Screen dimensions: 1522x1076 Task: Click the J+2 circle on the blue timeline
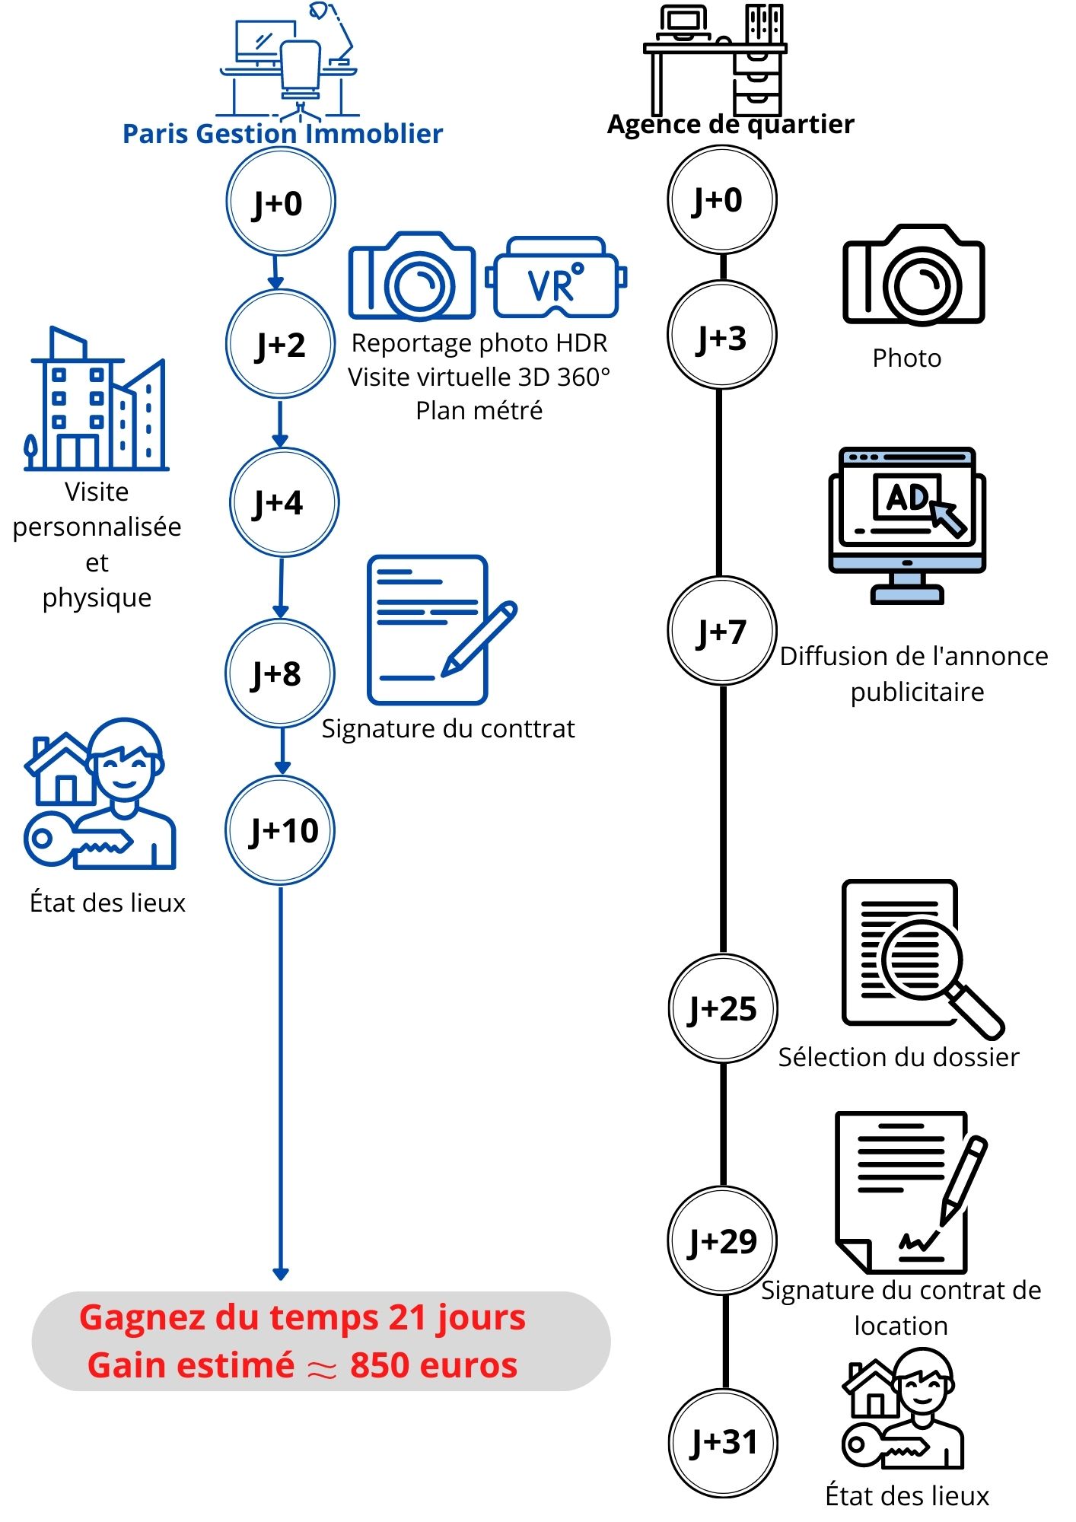pyautogui.click(x=281, y=344)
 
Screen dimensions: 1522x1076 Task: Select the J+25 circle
pyautogui.click(x=722, y=1008)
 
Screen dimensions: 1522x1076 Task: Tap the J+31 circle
pyautogui.click(x=723, y=1442)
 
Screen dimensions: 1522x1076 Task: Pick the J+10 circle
pyautogui.click(x=281, y=830)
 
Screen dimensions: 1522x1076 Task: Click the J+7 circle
pyautogui.click(x=722, y=631)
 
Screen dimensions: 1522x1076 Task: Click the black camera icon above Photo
pyautogui.click(x=913, y=275)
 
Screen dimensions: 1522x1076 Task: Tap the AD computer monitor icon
pyautogui.click(x=907, y=524)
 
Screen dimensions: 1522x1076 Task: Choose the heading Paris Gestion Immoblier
pyautogui.click(x=282, y=134)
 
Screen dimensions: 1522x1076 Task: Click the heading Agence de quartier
pyautogui.click(x=730, y=124)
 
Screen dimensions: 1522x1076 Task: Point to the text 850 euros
pyautogui.click(x=434, y=1365)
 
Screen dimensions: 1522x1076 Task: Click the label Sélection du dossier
pyautogui.click(x=898, y=1057)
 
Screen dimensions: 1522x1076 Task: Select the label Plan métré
pyautogui.click(x=479, y=411)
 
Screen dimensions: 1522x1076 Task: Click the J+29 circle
pyautogui.click(x=722, y=1241)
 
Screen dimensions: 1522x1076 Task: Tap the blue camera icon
pyautogui.click(x=412, y=276)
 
